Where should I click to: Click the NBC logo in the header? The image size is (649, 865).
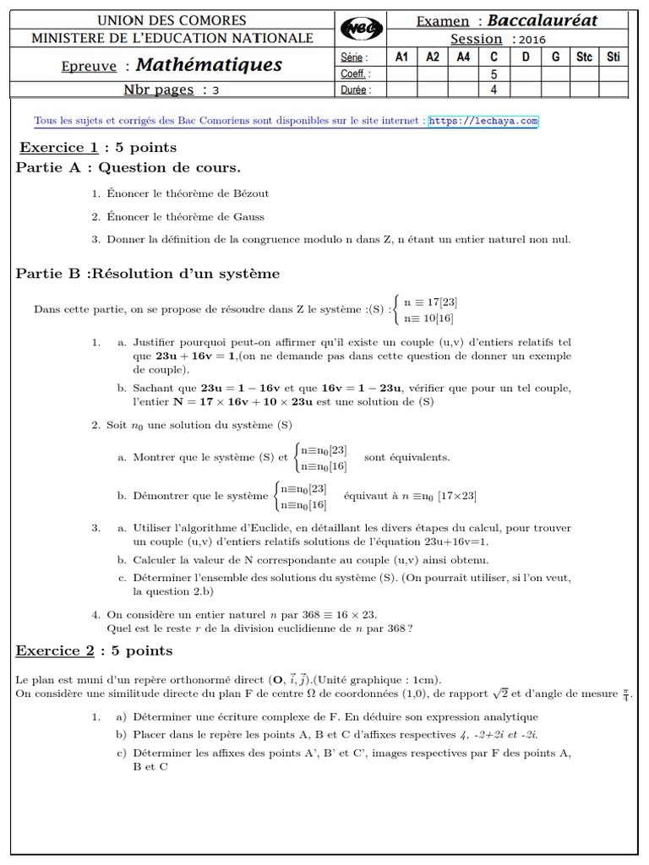[x=362, y=30]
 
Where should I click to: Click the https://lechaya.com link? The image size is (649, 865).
[x=483, y=121]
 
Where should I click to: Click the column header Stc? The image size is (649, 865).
[x=584, y=57]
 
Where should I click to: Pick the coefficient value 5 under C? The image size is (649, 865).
[x=494, y=73]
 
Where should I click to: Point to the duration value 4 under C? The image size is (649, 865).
[x=494, y=89]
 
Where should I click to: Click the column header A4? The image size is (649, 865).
[x=463, y=57]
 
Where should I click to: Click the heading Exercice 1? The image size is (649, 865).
[x=53, y=148]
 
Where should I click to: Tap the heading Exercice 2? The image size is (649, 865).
[x=53, y=650]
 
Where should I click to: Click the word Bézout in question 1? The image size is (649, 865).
[x=252, y=193]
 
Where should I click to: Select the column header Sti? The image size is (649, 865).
[x=614, y=57]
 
